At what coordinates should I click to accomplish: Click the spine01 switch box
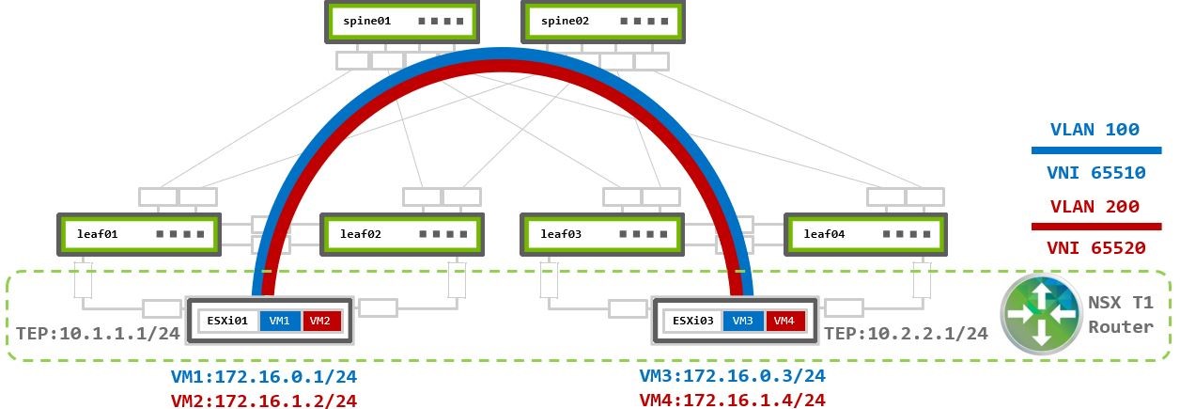click(x=399, y=21)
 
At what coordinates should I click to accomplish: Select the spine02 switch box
click(x=596, y=21)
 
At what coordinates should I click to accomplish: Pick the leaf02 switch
click(x=401, y=234)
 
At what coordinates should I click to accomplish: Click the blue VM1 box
click(x=279, y=321)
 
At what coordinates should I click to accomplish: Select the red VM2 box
click(x=319, y=321)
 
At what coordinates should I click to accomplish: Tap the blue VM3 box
click(x=743, y=321)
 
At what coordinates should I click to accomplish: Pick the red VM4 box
click(x=784, y=321)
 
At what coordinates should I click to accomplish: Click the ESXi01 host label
click(x=225, y=321)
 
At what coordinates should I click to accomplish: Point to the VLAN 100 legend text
click(x=1095, y=131)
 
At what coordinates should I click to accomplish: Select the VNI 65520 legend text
click(x=1095, y=248)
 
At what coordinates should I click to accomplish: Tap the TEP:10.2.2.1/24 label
click(x=906, y=333)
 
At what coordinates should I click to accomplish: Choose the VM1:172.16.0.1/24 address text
click(x=263, y=377)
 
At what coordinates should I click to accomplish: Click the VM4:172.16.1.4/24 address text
click(x=732, y=400)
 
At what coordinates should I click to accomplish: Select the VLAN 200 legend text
click(x=1095, y=206)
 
